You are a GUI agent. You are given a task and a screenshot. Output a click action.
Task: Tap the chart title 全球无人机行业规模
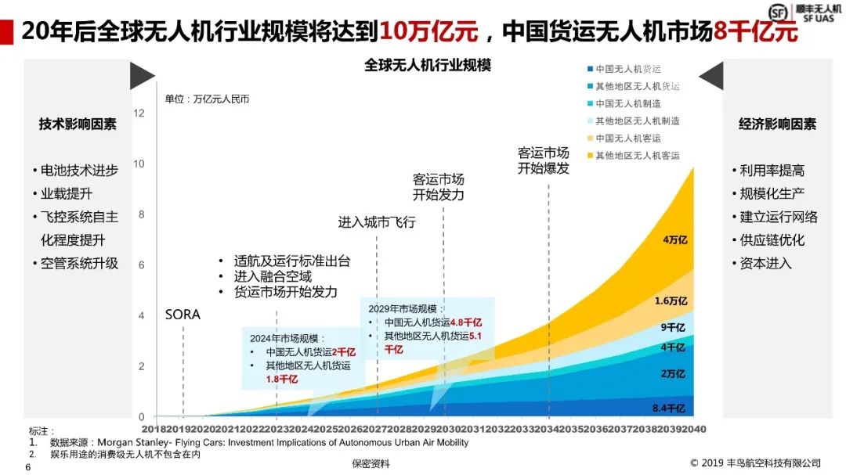(x=427, y=65)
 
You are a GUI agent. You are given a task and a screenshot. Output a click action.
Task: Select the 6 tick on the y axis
(x=142, y=265)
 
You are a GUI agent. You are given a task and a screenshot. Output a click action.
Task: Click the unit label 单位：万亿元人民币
(x=207, y=99)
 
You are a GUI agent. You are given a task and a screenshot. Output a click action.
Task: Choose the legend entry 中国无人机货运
(x=627, y=69)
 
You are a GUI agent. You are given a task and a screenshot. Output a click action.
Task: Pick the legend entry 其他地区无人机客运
(x=637, y=156)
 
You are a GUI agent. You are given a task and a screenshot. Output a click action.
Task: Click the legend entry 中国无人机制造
(x=627, y=103)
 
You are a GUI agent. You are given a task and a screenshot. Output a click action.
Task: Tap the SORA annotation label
(x=183, y=315)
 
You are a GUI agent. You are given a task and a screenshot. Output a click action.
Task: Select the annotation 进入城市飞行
(x=377, y=222)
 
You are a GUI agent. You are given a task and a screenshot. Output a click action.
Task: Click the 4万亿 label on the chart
(x=674, y=240)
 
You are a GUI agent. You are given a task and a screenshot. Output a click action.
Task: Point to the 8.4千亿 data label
(x=669, y=408)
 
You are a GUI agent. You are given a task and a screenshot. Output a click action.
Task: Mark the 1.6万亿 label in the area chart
(x=671, y=300)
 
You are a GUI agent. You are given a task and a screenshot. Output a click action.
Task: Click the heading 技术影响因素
(x=78, y=124)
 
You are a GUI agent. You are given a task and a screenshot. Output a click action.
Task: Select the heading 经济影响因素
(x=777, y=124)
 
